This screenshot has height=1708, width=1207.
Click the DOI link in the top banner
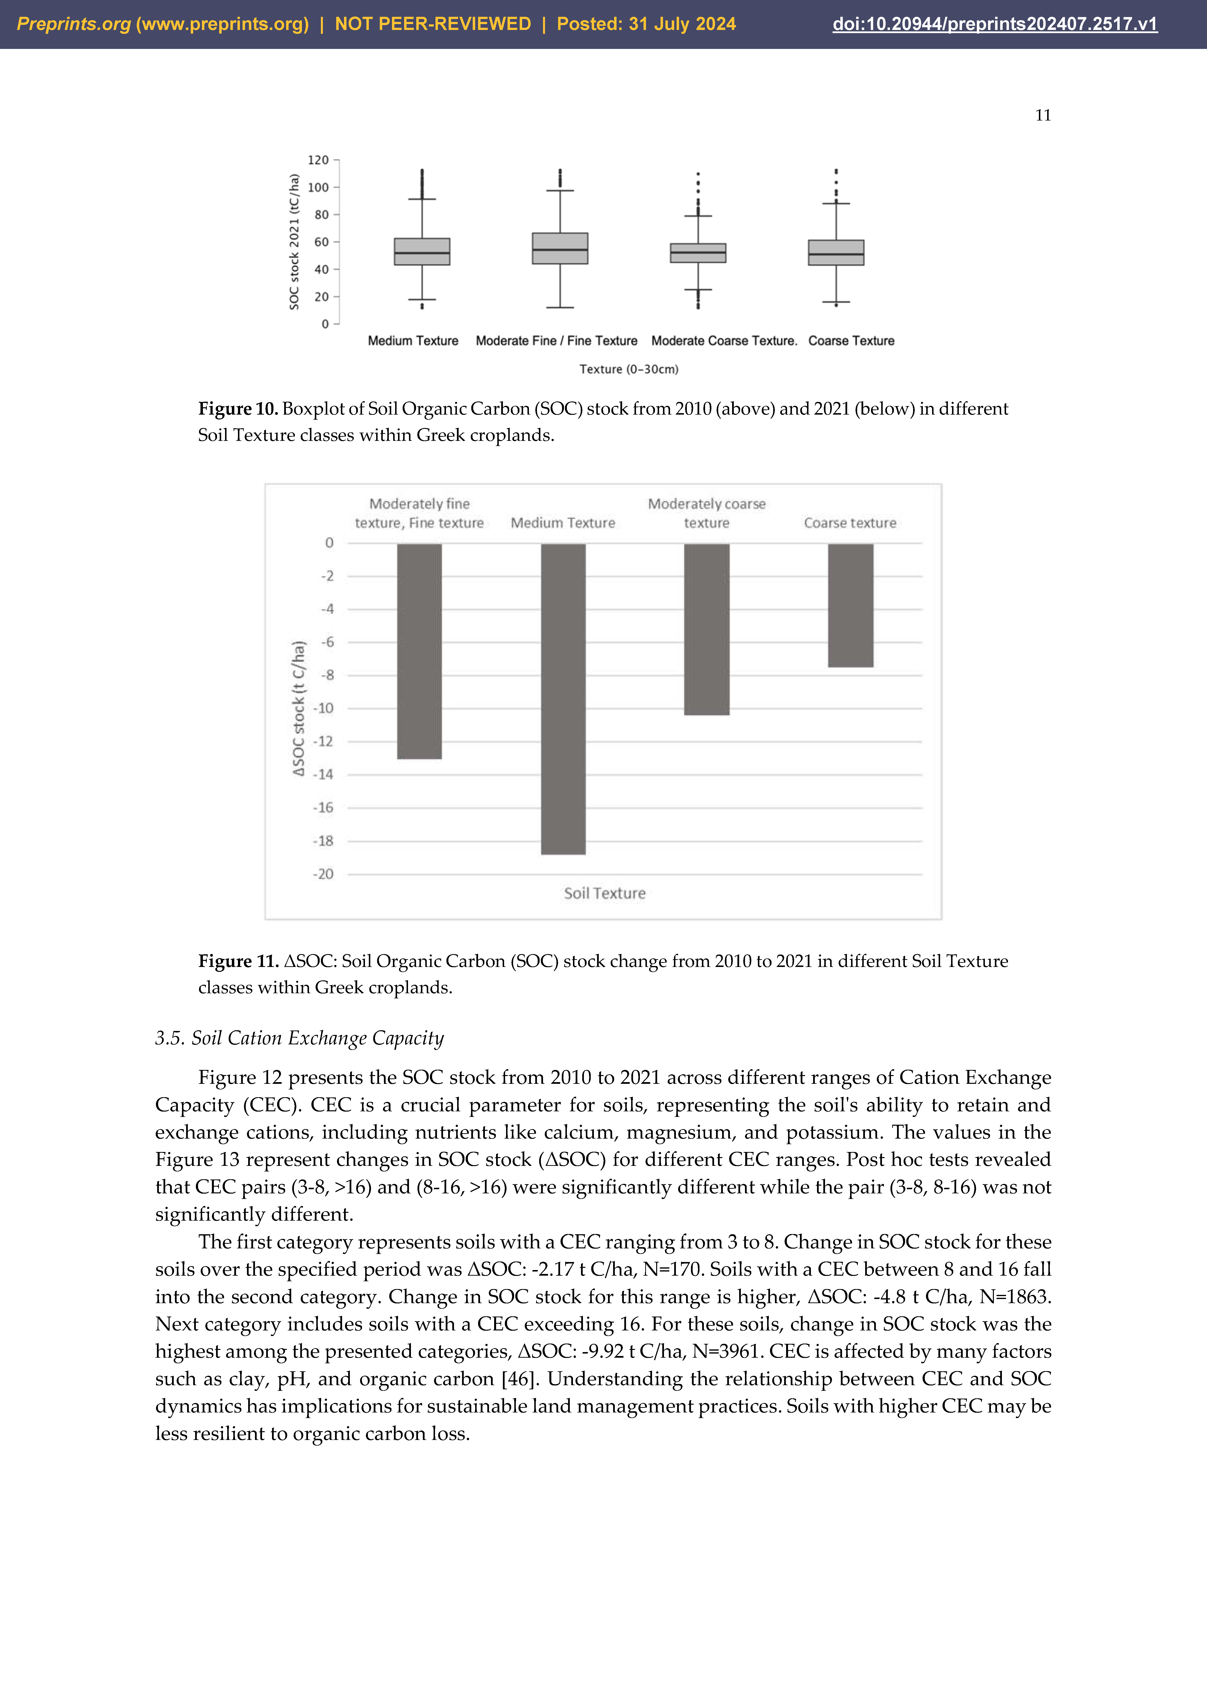(x=994, y=24)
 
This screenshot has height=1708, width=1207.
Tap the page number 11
(x=1043, y=115)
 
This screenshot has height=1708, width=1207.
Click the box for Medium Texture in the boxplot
(x=422, y=251)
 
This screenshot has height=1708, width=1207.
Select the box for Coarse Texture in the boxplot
(x=836, y=252)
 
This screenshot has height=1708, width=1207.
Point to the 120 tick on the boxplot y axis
(x=318, y=160)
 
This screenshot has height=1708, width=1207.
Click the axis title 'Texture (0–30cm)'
(x=628, y=369)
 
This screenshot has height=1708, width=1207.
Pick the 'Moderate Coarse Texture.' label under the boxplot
(x=724, y=341)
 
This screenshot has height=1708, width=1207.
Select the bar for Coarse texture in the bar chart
(x=850, y=605)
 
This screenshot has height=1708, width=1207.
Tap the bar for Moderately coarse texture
(x=707, y=629)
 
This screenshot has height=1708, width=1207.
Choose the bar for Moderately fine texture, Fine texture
(x=419, y=651)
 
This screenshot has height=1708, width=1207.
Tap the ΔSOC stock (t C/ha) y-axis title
(x=298, y=708)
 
